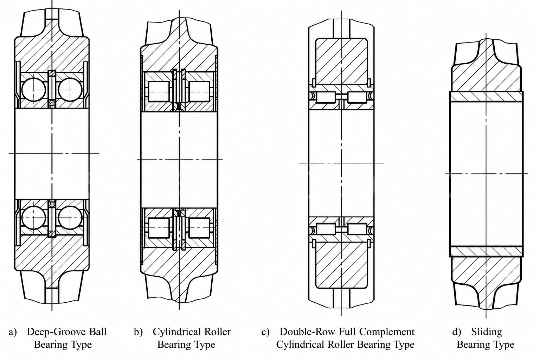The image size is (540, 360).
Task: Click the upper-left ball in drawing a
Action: pos(34,89)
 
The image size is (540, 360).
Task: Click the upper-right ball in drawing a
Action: pos(70,89)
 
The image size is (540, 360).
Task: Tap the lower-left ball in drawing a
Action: pos(34,218)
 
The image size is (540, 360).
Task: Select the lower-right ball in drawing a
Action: pos(70,218)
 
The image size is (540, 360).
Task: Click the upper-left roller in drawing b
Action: pos(159,91)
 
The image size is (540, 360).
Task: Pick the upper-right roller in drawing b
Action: pos(199,91)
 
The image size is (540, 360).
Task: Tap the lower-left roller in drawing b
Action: pos(159,228)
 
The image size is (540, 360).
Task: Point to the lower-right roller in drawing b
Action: pos(199,228)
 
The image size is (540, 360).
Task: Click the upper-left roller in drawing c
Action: pos(326,97)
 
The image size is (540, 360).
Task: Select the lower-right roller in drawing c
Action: pos(357,229)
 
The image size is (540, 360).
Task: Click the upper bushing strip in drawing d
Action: pos(486,96)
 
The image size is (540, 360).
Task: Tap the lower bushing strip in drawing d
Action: pos(486,251)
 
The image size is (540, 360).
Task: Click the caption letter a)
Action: pos(13,332)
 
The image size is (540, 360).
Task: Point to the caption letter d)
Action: pos(457,332)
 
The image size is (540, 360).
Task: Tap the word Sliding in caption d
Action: pos(487,332)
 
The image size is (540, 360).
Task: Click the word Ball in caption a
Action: pos(97,332)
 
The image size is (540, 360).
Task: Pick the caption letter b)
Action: pos(139,332)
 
